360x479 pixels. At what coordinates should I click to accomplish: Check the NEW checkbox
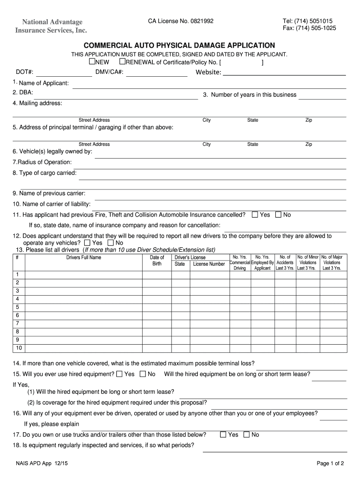click(x=92, y=62)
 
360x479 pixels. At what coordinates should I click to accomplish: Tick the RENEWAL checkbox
click(x=122, y=62)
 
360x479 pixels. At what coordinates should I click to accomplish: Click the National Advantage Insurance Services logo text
click(x=50, y=26)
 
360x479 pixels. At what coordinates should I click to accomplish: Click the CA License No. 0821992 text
click(x=180, y=21)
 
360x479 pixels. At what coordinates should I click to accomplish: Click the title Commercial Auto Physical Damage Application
click(x=179, y=45)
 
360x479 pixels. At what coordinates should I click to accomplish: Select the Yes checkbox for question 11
click(x=255, y=215)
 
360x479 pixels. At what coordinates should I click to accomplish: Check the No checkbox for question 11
click(x=278, y=215)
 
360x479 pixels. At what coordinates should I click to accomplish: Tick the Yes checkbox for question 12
click(x=87, y=243)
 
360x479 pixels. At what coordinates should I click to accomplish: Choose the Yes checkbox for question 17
click(x=223, y=435)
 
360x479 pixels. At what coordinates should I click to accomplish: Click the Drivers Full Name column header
click(x=83, y=257)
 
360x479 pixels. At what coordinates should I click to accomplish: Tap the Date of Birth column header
click(x=157, y=261)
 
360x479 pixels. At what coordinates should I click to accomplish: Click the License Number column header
click(x=209, y=264)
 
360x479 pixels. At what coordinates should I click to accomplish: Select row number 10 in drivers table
click(x=19, y=348)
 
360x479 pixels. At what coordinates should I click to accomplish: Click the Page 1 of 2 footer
click(x=330, y=464)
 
